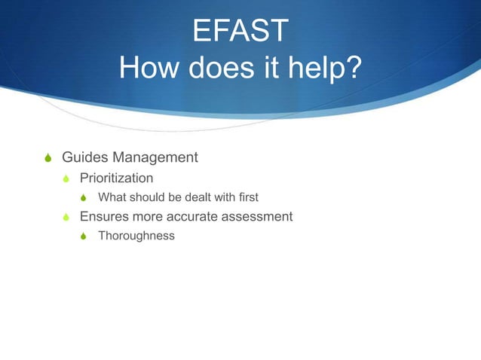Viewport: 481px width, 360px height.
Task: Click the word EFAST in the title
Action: (x=240, y=32)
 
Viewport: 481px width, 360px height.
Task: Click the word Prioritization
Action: (x=117, y=178)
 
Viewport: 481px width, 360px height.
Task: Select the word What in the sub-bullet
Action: (x=112, y=197)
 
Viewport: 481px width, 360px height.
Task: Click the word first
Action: (x=246, y=197)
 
